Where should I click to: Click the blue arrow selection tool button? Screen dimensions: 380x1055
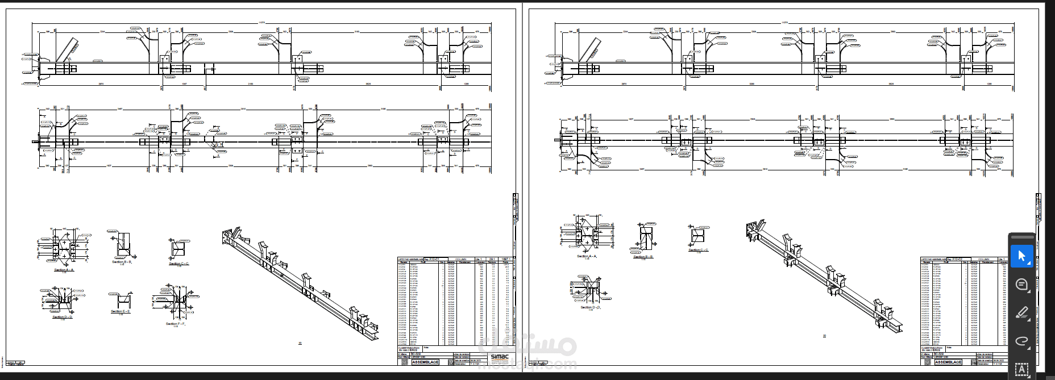(x=1021, y=257)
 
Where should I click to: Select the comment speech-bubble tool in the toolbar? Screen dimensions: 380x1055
(x=1021, y=285)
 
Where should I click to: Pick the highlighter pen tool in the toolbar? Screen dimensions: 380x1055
(x=1021, y=313)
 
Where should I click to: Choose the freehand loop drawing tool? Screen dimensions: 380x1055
(x=1021, y=341)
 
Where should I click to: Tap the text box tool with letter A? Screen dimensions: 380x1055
(x=1021, y=370)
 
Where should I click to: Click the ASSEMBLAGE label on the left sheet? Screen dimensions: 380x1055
(x=425, y=362)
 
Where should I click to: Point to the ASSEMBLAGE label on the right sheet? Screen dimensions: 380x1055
(x=948, y=362)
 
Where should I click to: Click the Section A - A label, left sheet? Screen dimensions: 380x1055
(x=64, y=270)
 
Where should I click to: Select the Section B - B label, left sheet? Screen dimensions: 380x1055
(x=122, y=262)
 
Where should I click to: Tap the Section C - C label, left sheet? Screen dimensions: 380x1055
(x=178, y=264)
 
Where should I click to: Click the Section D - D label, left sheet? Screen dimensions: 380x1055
(x=63, y=317)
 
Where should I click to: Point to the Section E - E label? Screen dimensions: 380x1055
(x=121, y=311)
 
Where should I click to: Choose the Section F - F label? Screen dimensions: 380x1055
(x=176, y=324)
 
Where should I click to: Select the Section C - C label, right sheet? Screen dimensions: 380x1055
(x=698, y=250)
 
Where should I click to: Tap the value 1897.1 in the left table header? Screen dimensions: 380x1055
(x=505, y=259)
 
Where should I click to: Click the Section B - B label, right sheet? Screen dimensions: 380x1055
(x=643, y=257)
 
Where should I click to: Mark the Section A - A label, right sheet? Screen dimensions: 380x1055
(x=587, y=256)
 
